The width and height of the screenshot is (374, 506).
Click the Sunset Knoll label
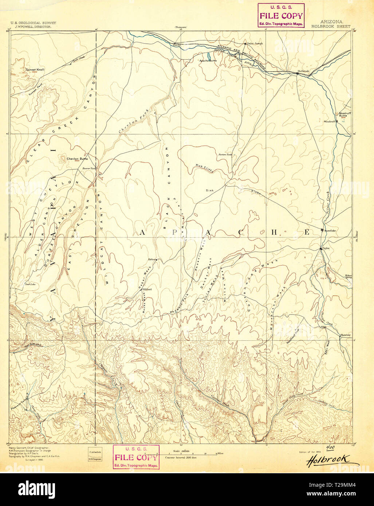coord(35,69)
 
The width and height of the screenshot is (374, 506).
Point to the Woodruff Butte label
coord(344,114)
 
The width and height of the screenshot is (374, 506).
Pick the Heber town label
coord(152,260)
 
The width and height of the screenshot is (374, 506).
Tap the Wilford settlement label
coord(147,289)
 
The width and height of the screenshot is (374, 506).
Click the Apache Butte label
coord(208,60)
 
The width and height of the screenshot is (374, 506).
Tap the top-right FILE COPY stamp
coord(281,16)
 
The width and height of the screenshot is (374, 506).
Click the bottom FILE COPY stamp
coord(136,457)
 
